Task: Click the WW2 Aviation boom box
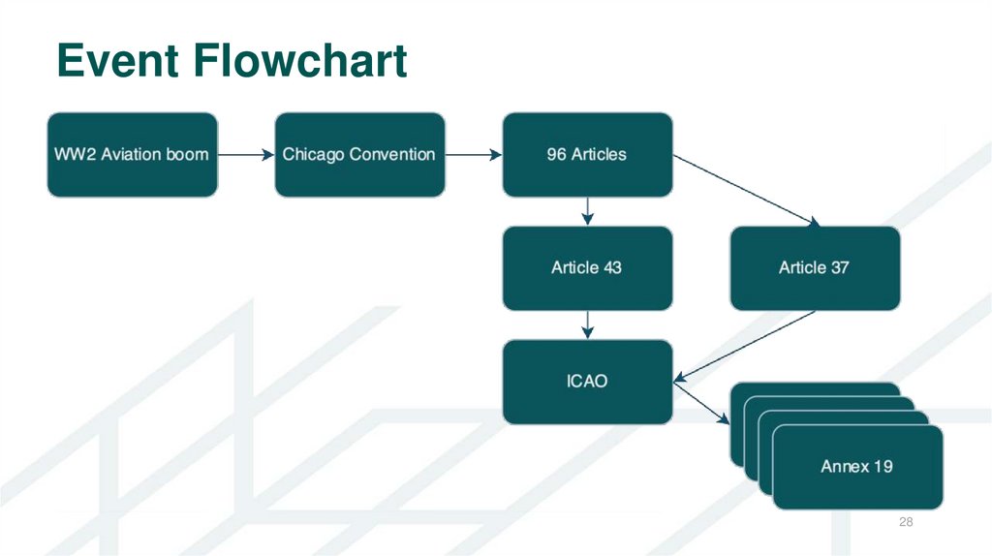click(x=132, y=155)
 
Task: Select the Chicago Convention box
click(x=359, y=155)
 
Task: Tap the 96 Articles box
click(x=586, y=155)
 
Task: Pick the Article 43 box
click(x=586, y=268)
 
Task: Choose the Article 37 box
click(x=814, y=268)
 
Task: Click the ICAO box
click(x=586, y=382)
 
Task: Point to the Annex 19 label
click(x=856, y=467)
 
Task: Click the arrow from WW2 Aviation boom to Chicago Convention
click(x=246, y=155)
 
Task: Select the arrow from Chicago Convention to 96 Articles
click(x=473, y=155)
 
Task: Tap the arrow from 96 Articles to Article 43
click(x=587, y=211)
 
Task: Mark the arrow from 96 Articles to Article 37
click(x=746, y=191)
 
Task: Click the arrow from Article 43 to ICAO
click(x=587, y=324)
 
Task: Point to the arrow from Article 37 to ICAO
click(x=746, y=345)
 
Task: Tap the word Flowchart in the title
click(x=301, y=61)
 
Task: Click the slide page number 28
click(x=907, y=523)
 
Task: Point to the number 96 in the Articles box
click(x=556, y=155)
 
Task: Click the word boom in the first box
click(x=187, y=155)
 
